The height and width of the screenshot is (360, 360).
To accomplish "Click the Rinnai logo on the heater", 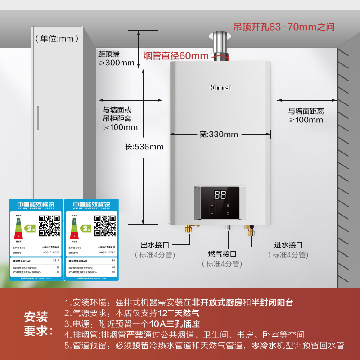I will pyautogui.click(x=220, y=87).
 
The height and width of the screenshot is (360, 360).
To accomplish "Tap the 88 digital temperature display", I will pyautogui.click(x=220, y=195).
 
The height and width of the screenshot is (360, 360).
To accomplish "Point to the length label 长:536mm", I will pyautogui.click(x=145, y=147).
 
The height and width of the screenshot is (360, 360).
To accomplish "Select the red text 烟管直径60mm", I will pyautogui.click(x=176, y=56).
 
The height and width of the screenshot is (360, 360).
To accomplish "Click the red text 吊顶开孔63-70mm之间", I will pyautogui.click(x=284, y=27).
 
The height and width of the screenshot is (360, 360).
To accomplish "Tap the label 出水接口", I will pyautogui.click(x=155, y=245).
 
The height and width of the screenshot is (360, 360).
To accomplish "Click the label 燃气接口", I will pyautogui.click(x=222, y=254).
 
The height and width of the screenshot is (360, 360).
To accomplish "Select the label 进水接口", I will pyautogui.click(x=288, y=245).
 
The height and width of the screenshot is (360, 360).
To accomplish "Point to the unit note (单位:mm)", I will pyautogui.click(x=54, y=39).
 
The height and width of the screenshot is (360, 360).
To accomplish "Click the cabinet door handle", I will pyautogui.click(x=38, y=118).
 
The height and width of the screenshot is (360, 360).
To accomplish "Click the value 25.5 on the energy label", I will pyautogui.click(x=56, y=261).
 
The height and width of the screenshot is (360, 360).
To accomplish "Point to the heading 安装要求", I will pyautogui.click(x=36, y=324).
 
